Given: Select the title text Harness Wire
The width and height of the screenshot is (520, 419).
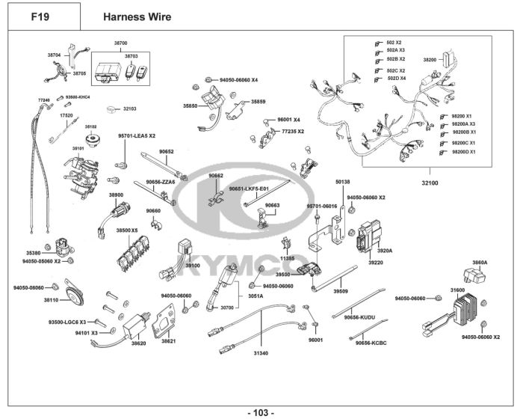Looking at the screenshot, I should (137, 16).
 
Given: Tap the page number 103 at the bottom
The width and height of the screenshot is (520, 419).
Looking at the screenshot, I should (260, 412).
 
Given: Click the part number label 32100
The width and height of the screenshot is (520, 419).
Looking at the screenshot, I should (429, 181).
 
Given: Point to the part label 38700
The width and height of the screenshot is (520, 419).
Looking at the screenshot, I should (120, 43).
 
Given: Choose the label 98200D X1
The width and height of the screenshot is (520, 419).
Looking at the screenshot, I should (468, 152).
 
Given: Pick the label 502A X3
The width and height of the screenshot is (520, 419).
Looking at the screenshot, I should (395, 50).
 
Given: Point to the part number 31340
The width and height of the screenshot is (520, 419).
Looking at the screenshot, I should (260, 352).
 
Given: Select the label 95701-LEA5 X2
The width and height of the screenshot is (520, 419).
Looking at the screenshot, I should (137, 136).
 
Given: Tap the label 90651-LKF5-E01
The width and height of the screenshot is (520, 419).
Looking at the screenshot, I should (248, 189).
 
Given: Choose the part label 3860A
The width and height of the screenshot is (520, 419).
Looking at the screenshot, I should (480, 263).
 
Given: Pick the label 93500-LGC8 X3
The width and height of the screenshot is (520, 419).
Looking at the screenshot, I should (68, 322).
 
